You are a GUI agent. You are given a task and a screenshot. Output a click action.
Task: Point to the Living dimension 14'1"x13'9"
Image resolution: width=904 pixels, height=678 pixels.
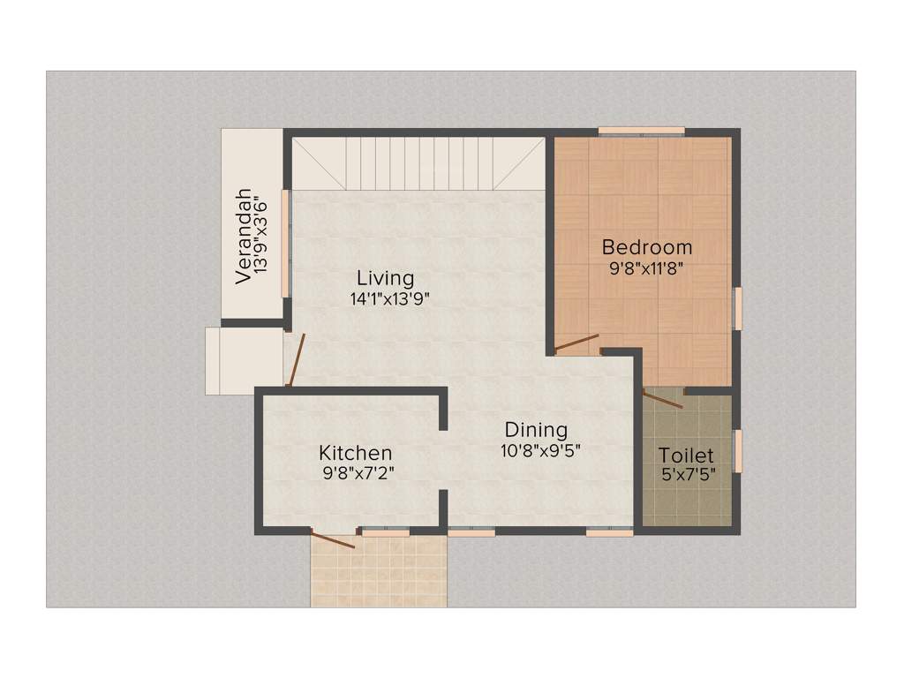389,299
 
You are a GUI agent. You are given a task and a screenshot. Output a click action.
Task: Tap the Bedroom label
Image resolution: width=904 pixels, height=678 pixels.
646,246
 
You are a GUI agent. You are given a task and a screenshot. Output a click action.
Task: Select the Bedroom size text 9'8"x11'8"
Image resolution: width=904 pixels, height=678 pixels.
647,267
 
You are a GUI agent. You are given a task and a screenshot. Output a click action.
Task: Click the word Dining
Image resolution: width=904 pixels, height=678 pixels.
536,430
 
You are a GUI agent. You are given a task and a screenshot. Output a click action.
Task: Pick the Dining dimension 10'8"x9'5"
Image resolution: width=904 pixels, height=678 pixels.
541,449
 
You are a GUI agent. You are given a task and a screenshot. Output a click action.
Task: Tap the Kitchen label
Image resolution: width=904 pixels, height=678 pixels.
355,453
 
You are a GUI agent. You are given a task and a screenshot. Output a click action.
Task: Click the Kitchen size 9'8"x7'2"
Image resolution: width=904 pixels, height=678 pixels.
358,472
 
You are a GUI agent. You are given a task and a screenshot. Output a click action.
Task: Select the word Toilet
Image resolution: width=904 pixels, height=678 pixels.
686,456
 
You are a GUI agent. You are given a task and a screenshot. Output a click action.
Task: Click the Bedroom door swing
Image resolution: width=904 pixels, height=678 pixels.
576,343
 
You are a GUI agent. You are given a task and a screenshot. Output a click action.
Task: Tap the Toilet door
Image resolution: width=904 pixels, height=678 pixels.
664,398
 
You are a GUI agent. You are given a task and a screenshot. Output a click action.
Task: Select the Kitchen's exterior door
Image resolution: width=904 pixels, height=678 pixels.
334,539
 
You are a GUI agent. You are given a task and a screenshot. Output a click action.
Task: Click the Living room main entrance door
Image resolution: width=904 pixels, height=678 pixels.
296,360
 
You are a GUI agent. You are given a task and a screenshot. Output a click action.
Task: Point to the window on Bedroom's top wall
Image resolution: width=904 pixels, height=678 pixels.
641,131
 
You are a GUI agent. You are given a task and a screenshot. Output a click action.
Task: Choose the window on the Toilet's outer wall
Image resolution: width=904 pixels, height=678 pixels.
738,450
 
